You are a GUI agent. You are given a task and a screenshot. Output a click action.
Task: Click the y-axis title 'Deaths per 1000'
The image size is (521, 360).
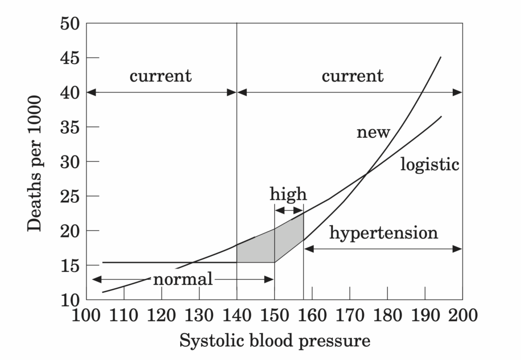[x=35, y=162]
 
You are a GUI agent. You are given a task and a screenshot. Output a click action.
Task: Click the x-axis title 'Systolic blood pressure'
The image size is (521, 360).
[x=275, y=340]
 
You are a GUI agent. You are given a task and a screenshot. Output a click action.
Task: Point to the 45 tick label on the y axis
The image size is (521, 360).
[x=70, y=58]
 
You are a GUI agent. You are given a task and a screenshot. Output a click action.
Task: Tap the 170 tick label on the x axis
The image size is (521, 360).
[x=350, y=315]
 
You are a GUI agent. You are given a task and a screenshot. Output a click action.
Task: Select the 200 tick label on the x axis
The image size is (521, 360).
[x=462, y=315]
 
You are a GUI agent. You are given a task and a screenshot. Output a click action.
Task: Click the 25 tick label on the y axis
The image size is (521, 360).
[x=70, y=196]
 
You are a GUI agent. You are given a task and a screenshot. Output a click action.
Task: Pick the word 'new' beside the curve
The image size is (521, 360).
[x=373, y=133]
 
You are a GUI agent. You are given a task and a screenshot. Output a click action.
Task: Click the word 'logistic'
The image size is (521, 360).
[x=430, y=164]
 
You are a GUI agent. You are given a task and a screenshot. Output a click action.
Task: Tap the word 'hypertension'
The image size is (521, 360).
[x=384, y=233]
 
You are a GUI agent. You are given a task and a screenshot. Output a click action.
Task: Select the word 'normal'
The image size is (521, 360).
[x=183, y=279]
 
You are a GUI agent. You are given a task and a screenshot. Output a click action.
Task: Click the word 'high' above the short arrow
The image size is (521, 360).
[x=288, y=194]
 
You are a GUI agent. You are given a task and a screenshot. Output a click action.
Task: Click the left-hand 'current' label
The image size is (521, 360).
[x=161, y=76]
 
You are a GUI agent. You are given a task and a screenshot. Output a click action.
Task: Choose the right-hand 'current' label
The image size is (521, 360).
[x=352, y=76]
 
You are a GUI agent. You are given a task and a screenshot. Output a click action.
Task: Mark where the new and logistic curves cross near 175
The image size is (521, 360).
[x=367, y=174]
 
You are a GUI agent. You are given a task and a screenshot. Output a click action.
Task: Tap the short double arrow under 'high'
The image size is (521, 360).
[x=288, y=211]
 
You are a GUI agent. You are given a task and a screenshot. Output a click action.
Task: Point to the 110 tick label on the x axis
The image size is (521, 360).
[x=124, y=315]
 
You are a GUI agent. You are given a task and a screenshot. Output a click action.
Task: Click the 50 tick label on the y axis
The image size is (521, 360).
[x=70, y=23]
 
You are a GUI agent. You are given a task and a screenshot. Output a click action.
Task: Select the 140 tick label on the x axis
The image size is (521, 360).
[x=237, y=315]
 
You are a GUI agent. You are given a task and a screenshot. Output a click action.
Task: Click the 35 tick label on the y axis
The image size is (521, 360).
[x=70, y=127]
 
